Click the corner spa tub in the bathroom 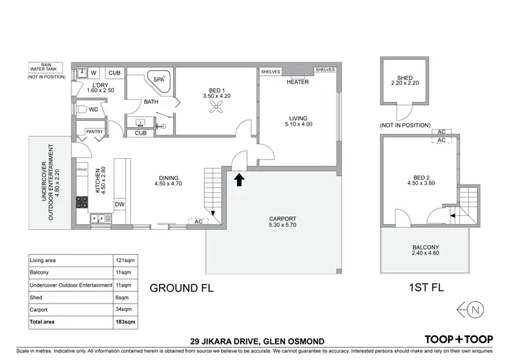point(160,81)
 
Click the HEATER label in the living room point(297,82)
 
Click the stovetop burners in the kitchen point(81,202)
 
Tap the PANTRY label point(93,132)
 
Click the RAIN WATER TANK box point(43,68)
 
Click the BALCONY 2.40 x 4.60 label point(426,251)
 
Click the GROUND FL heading point(181,287)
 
